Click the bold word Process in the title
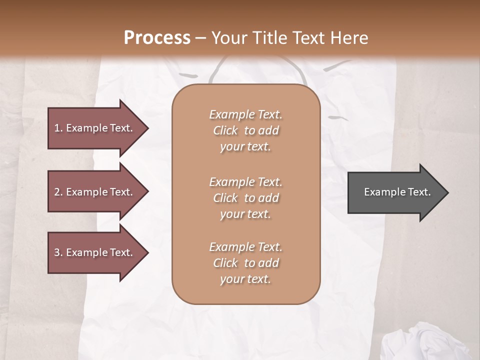157,38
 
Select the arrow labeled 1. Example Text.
95,128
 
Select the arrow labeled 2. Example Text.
95,192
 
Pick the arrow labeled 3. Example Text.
95,252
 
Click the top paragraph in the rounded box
245,130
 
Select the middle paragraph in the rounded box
245,197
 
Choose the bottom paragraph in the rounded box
245,263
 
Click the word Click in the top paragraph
225,130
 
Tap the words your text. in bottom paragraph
245,279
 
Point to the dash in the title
201,38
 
